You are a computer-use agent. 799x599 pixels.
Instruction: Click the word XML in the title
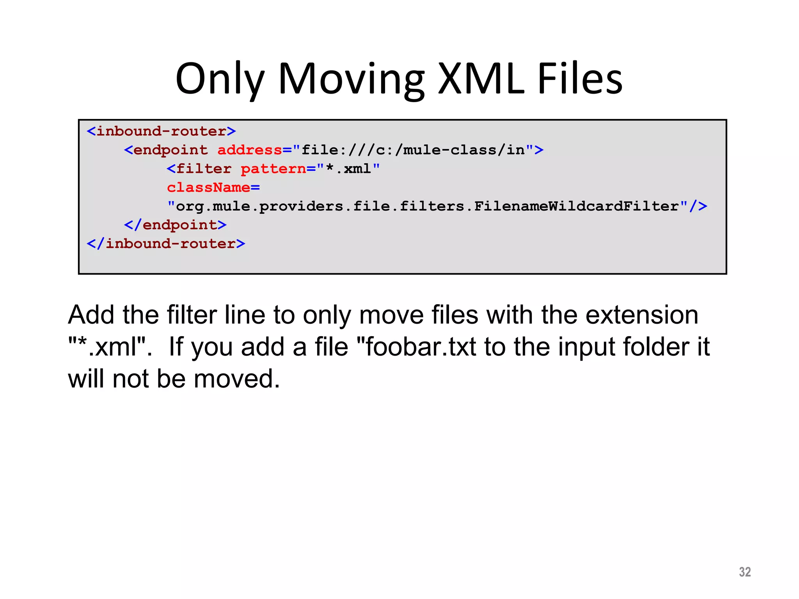point(481,79)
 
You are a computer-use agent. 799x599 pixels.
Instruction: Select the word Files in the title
point(580,79)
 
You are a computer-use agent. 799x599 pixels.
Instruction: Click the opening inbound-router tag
point(161,131)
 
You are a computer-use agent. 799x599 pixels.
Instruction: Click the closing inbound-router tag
point(166,244)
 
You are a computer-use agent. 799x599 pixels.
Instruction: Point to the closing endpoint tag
point(175,225)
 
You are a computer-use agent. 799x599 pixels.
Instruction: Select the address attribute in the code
point(250,150)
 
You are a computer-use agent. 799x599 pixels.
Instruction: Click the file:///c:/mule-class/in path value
point(413,150)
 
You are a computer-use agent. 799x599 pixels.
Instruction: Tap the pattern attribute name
point(273,169)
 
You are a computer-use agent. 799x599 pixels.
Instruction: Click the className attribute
point(209,188)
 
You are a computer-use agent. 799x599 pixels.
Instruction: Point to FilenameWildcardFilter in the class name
point(577,206)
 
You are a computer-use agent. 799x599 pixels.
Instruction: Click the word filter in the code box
point(204,169)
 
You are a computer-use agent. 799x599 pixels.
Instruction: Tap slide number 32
point(744,572)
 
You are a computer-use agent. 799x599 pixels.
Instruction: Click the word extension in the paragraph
point(642,315)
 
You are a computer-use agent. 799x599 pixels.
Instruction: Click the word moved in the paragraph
point(237,379)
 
